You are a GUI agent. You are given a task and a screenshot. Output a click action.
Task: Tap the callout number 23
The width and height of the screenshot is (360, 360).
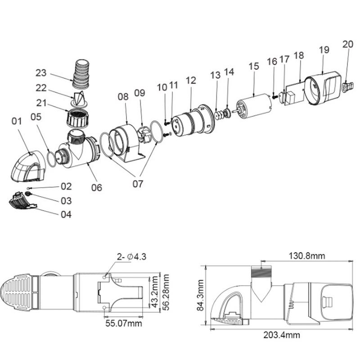[41, 73]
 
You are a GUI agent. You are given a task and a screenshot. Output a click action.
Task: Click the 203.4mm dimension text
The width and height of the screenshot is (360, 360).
[282, 335]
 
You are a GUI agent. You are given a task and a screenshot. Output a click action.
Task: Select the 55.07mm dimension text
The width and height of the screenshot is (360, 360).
[124, 323]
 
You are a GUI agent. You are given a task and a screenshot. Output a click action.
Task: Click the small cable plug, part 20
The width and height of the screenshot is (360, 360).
[346, 86]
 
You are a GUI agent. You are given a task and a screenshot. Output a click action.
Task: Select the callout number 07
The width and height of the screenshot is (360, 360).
[138, 184]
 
